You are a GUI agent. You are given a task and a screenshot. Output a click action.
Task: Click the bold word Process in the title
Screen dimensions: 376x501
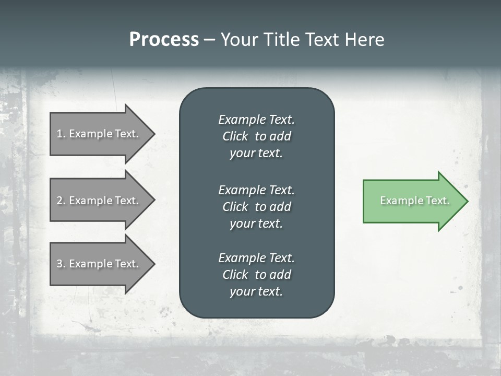[x=164, y=40]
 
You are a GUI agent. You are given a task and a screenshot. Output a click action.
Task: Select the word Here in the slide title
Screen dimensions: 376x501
[x=364, y=40]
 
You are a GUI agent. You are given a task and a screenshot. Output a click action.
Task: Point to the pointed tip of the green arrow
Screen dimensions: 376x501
[x=466, y=201]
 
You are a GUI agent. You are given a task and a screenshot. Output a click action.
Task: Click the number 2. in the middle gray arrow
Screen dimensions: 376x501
[x=61, y=201]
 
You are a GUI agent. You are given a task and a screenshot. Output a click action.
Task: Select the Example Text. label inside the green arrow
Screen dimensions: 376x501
[x=415, y=201]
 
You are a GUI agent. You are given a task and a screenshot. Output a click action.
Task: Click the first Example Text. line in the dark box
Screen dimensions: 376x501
[x=256, y=120]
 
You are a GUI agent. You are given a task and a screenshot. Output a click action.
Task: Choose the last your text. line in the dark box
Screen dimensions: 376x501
[x=256, y=291]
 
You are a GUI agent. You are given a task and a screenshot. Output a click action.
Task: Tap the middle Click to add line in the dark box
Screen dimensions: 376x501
[x=256, y=207]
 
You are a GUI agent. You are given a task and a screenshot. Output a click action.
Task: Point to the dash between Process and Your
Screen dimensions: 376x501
[x=209, y=40]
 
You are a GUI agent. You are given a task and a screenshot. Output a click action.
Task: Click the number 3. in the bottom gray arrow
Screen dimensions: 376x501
[x=61, y=264]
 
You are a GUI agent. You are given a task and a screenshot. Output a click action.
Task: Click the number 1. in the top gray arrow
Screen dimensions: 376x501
[x=61, y=134]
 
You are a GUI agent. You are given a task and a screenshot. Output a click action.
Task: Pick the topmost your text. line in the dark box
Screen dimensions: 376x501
[x=256, y=153]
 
